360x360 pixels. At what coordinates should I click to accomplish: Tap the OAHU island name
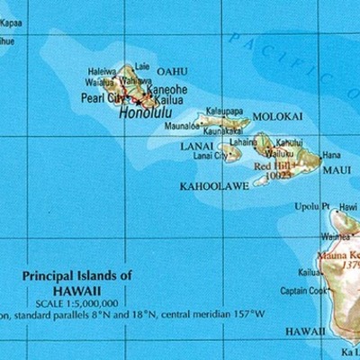(172, 71)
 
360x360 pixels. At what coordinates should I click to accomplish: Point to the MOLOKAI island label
(278, 117)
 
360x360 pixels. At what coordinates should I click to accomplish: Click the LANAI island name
(197, 146)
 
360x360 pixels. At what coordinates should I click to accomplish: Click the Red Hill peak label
(273, 166)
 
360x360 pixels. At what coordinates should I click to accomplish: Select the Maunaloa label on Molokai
(182, 127)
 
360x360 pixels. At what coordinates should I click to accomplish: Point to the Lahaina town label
(243, 141)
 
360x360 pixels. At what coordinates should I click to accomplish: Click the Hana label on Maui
(332, 155)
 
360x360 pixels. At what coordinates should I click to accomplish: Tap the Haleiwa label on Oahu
(102, 71)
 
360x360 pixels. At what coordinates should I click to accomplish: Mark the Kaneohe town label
(167, 89)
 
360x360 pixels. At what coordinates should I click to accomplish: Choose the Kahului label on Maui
(289, 142)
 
